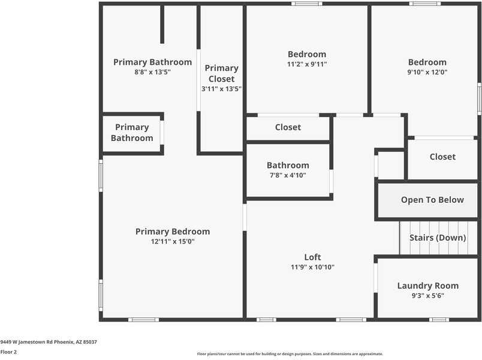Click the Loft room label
tap(312, 257)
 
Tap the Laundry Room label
tap(427, 286)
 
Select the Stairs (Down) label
tap(438, 238)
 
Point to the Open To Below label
tap(432, 200)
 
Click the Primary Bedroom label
tap(173, 232)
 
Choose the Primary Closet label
tap(221, 73)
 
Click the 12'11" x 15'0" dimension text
tap(173, 241)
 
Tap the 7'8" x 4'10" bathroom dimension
tap(288, 175)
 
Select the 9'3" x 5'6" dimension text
tap(427, 296)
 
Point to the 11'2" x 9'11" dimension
tap(307, 64)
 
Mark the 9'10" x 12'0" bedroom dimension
tap(427, 72)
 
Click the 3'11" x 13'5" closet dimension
tap(221, 89)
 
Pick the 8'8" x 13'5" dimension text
tap(152, 72)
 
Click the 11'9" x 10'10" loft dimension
tap(312, 267)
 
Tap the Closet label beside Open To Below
tap(442, 157)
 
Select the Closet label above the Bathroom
tap(288, 127)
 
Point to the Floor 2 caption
tap(8, 352)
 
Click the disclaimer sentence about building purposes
tap(290, 353)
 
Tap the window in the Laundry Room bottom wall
tap(439, 319)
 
